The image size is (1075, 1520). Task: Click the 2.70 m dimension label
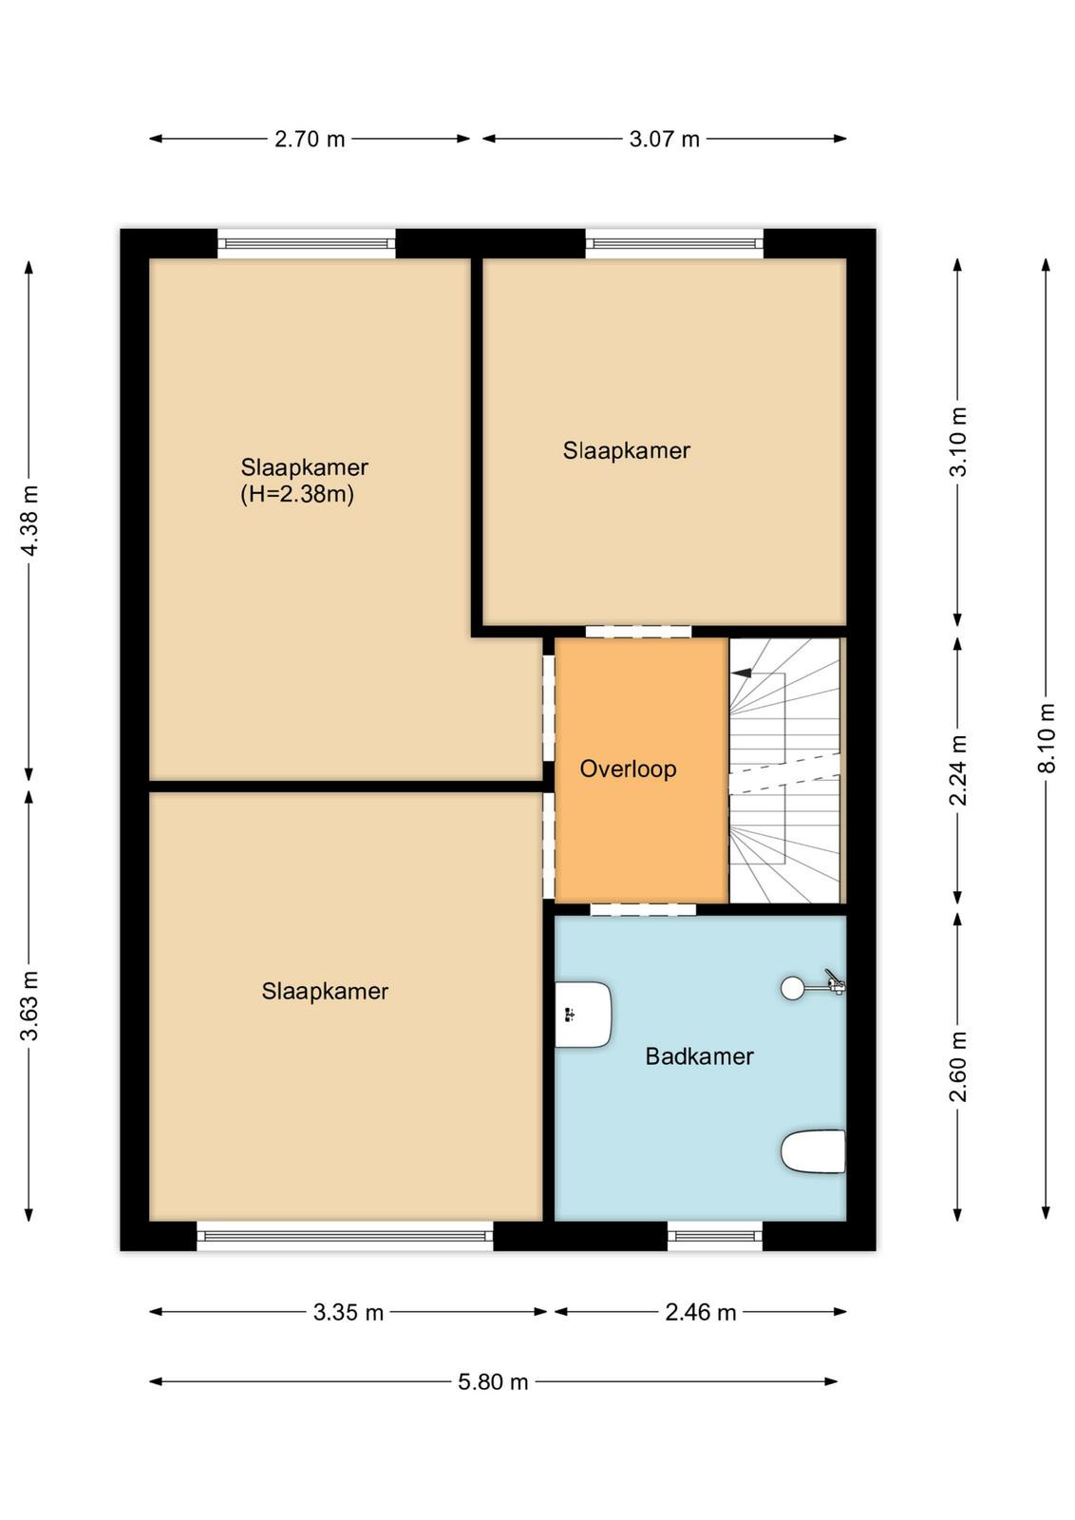[x=310, y=139]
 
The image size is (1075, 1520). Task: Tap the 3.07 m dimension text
[x=664, y=139]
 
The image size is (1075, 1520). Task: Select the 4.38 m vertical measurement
[x=30, y=521]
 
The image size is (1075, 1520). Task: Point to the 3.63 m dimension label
[x=30, y=1006]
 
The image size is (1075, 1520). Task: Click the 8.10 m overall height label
[x=1047, y=737]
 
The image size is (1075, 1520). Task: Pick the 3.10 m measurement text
[x=958, y=442]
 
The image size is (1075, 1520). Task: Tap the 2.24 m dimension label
[x=958, y=770]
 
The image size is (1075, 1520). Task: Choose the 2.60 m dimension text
[x=958, y=1066]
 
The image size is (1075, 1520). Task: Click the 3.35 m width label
[x=348, y=1312]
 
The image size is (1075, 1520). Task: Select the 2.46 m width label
[x=701, y=1312]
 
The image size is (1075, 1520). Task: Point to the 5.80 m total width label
[x=493, y=1381]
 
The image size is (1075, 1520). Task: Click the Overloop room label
[x=628, y=769]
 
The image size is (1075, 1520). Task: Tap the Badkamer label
[x=699, y=1055]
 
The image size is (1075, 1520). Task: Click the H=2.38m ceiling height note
[x=298, y=495]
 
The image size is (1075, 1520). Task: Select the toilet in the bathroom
[x=813, y=1150]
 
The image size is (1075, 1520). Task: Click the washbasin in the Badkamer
[x=583, y=1015]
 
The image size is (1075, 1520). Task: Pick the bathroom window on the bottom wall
[x=715, y=1236]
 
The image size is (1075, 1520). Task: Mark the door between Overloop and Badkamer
[x=643, y=910]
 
